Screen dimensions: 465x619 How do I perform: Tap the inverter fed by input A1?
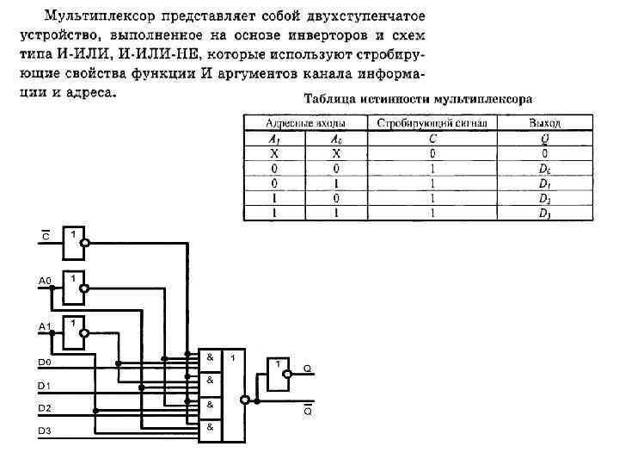[x=73, y=334]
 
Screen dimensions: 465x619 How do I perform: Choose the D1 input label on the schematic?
[x=44, y=385]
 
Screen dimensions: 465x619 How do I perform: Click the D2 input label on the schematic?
[x=44, y=407]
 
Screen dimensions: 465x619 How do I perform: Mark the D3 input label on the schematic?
[x=44, y=430]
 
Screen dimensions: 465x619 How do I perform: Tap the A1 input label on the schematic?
[x=45, y=326]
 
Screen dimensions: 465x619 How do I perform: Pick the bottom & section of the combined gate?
[x=210, y=428]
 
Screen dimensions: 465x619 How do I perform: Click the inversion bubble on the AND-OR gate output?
[x=245, y=400]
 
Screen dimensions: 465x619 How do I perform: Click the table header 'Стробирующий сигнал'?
[x=432, y=123]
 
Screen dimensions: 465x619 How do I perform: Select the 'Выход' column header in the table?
[x=545, y=123]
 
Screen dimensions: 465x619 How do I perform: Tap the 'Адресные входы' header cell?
[x=305, y=123]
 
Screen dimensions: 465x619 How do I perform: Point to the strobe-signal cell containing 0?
[x=432, y=152]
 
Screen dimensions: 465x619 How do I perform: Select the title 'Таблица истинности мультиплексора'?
[x=418, y=99]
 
